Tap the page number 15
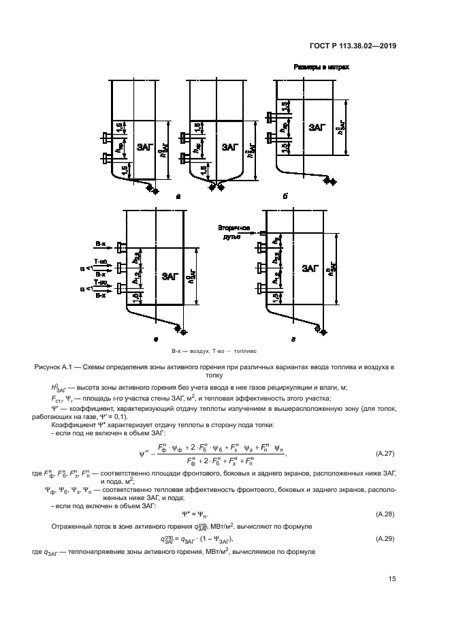click(392, 579)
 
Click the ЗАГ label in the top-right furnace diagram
click(316, 127)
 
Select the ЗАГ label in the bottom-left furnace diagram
click(170, 277)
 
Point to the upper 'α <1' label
click(84, 268)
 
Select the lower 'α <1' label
click(84, 290)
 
